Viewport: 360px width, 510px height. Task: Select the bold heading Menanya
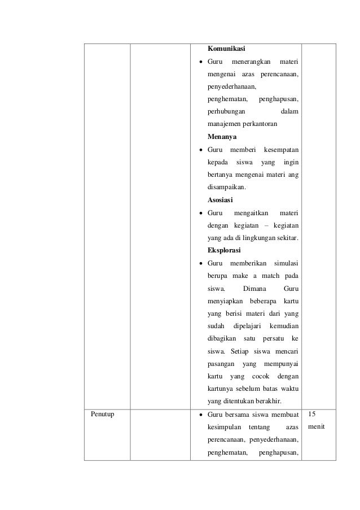(x=222, y=137)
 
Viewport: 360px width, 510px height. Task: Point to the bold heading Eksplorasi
(x=225, y=250)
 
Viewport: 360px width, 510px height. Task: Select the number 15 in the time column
(x=312, y=414)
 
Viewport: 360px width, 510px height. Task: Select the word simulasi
(x=286, y=263)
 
